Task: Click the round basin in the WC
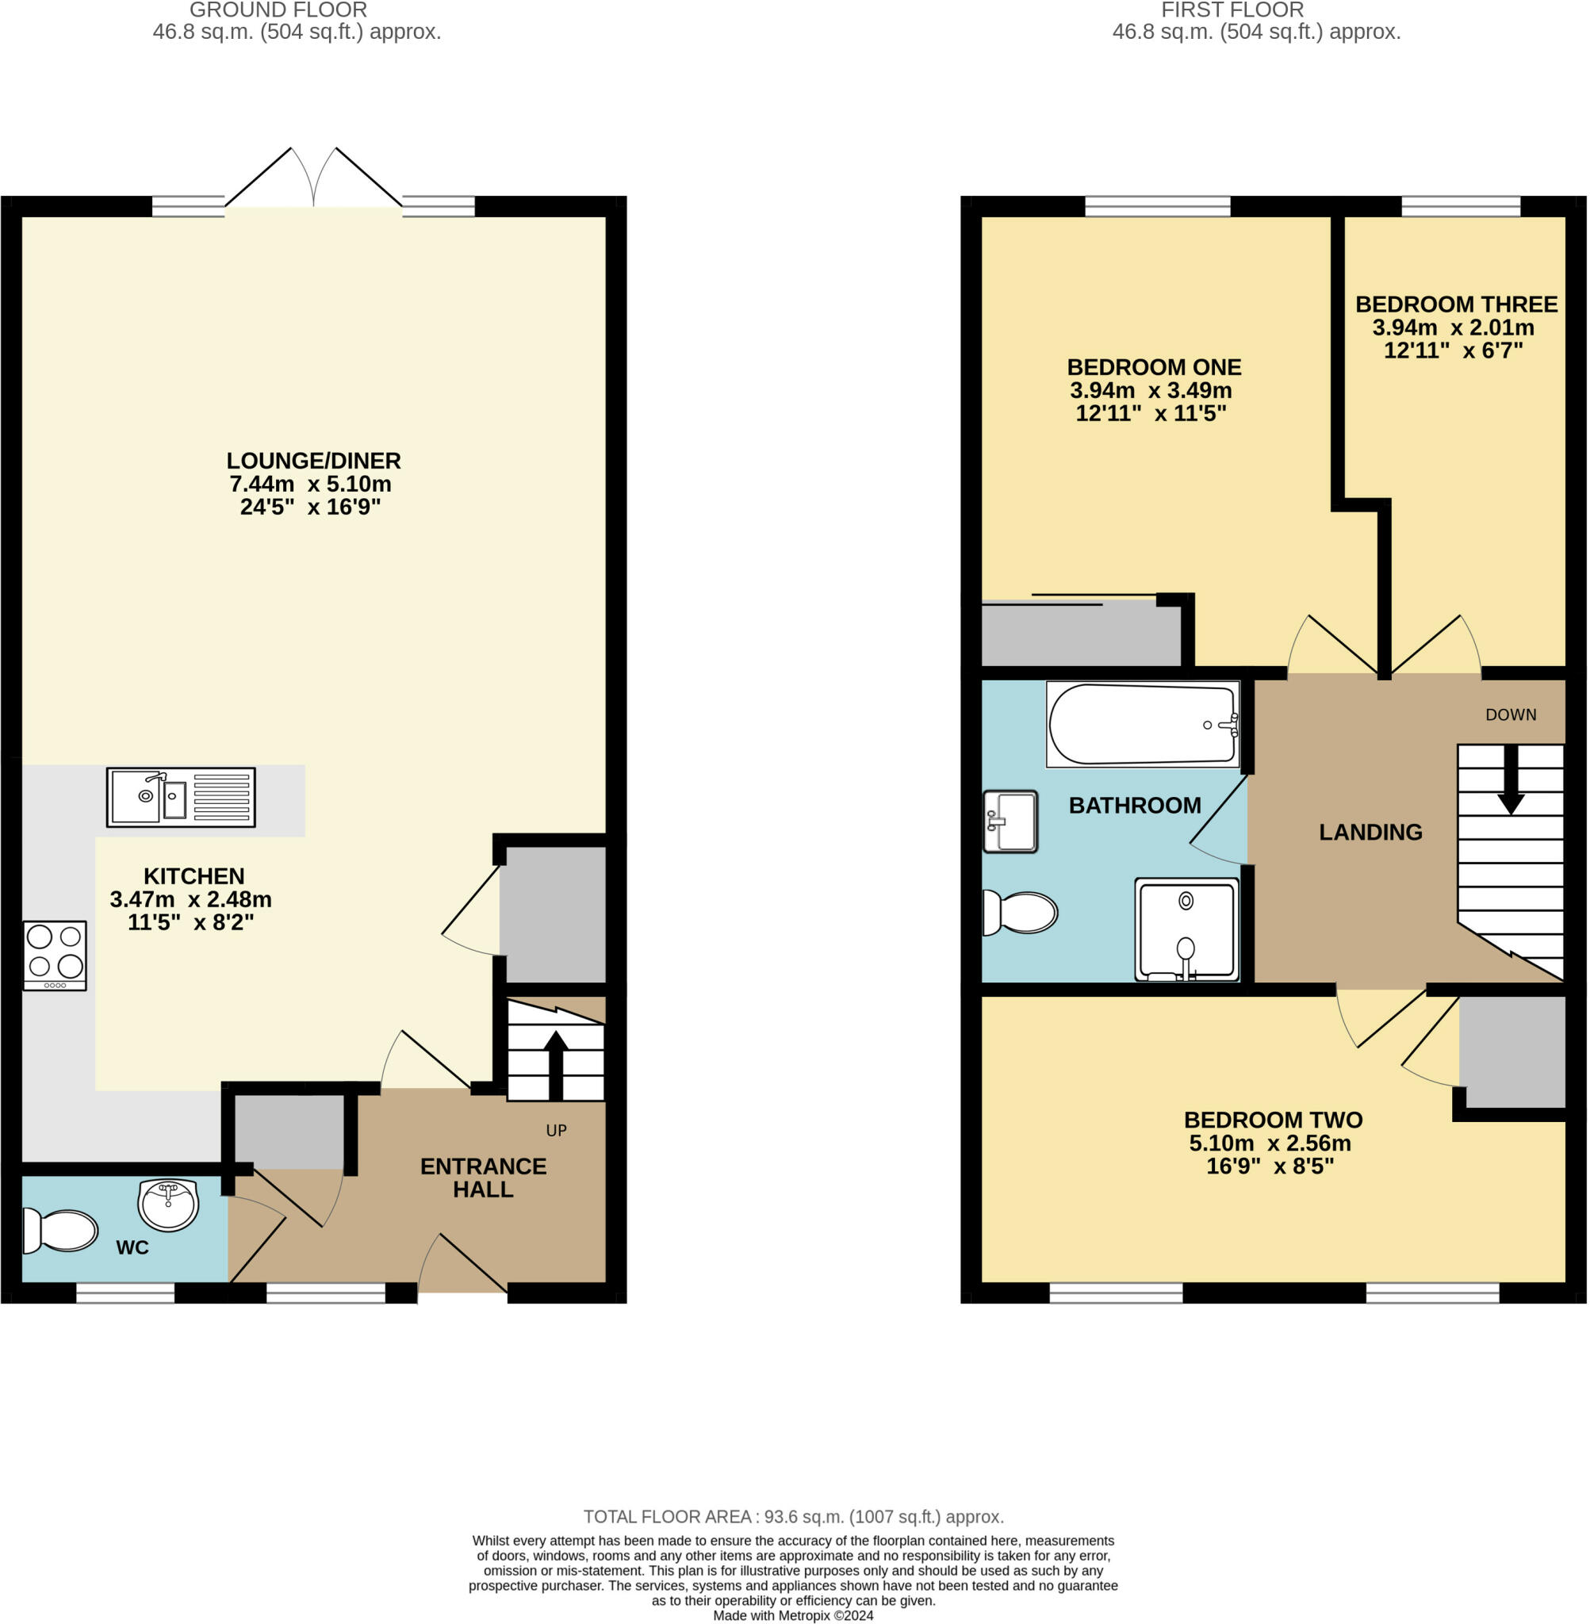pos(168,1204)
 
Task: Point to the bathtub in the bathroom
pos(1143,724)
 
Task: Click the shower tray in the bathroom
pos(1186,929)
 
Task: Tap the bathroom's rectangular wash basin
pos(1010,822)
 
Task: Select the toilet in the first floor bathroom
pos(1020,912)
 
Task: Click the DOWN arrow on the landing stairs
pos(1511,779)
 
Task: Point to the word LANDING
pos(1370,832)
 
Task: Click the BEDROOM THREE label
pos(1457,304)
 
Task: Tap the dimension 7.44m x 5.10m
pos(311,484)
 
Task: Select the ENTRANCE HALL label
pos(484,1178)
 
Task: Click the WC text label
pos(132,1247)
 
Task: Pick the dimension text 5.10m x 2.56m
pos(1270,1143)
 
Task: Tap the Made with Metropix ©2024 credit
pos(793,1615)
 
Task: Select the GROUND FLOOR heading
pos(278,10)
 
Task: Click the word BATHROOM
pos(1135,805)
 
